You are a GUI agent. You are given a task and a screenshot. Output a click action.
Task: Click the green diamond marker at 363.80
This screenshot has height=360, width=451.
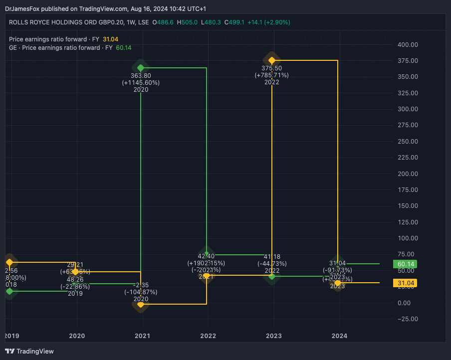tap(141, 68)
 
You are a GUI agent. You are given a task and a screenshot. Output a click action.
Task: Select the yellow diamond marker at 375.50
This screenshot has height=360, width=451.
tap(272, 60)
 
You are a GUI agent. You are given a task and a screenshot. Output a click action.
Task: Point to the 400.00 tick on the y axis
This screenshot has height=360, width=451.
tap(408, 45)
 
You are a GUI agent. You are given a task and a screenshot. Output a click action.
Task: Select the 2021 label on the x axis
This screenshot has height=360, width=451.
tap(143, 336)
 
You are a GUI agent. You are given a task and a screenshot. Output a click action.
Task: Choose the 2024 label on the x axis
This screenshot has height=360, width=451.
tap(339, 336)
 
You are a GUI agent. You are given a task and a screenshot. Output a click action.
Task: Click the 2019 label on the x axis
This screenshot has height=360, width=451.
tap(11, 336)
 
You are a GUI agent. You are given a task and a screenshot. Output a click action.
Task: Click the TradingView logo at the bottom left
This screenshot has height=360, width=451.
tap(29, 351)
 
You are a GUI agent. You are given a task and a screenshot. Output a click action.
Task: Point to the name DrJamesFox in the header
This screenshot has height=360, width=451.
tap(21, 9)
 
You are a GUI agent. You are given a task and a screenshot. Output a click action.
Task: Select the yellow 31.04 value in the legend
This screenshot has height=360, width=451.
tap(110, 39)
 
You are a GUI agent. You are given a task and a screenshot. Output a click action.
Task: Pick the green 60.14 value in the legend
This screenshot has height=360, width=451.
tap(123, 48)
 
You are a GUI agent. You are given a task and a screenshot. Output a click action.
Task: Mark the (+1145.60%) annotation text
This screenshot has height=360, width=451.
tap(141, 83)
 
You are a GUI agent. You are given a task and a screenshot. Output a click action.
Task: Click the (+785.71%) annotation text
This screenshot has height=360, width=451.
tap(272, 75)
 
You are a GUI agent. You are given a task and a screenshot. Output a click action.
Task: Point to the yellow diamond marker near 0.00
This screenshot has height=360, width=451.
tap(141, 304)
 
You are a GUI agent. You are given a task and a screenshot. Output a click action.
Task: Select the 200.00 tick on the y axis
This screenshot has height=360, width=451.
tap(408, 174)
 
